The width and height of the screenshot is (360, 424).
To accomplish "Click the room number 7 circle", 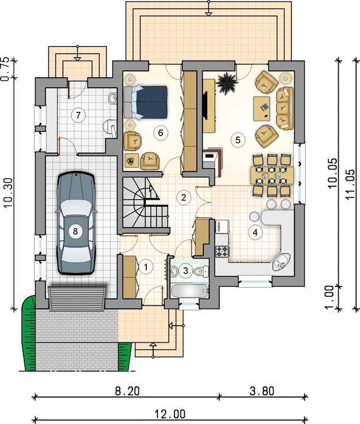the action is pyautogui.click(x=78, y=115).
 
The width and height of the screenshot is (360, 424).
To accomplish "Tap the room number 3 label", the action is pyautogui.click(x=185, y=270).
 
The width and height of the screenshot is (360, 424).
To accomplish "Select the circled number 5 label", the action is pyautogui.click(x=238, y=140).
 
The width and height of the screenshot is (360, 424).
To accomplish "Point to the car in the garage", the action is pyautogui.click(x=75, y=223).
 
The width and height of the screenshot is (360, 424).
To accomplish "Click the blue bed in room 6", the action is pyautogui.click(x=146, y=102).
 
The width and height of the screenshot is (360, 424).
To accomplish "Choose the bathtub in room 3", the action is pyautogui.click(x=190, y=291).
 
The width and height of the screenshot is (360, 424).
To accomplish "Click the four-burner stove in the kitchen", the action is pyautogui.click(x=222, y=251).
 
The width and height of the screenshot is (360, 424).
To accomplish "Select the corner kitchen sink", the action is pyautogui.click(x=281, y=262).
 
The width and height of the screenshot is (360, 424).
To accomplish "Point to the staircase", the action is pyautogui.click(x=145, y=203).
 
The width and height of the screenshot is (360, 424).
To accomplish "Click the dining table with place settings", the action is pyautogui.click(x=272, y=175).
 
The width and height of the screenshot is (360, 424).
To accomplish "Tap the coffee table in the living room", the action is pyautogui.click(x=262, y=109).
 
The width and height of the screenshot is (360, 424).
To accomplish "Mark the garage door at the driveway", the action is pyautogui.click(x=77, y=298).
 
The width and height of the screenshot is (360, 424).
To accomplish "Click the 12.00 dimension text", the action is pyautogui.click(x=170, y=414).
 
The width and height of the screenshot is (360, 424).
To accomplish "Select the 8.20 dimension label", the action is pyautogui.click(x=127, y=391).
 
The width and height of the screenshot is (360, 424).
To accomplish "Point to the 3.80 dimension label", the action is pyautogui.click(x=262, y=391).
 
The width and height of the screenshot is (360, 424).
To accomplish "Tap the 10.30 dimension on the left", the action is pyautogui.click(x=9, y=192).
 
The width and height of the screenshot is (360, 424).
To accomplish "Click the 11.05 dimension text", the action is pyautogui.click(x=350, y=184).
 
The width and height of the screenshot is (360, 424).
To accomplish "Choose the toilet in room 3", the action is pyautogui.click(x=201, y=270).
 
